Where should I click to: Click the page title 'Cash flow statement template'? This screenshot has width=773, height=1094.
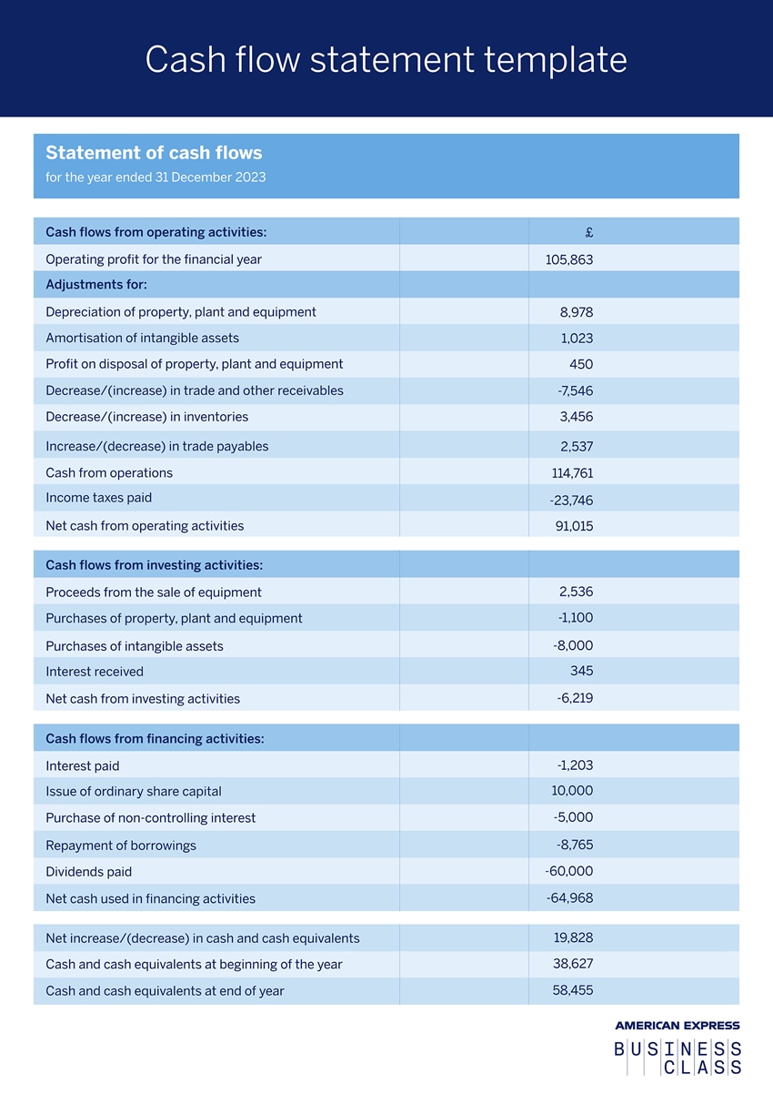pyautogui.click(x=386, y=60)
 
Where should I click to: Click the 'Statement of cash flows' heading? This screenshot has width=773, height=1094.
pyautogui.click(x=154, y=153)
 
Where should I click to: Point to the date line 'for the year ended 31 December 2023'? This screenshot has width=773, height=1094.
pyautogui.click(x=156, y=177)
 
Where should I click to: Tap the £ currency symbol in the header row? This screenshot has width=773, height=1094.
pyautogui.click(x=589, y=232)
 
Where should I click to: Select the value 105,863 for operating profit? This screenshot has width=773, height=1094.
pyautogui.click(x=569, y=259)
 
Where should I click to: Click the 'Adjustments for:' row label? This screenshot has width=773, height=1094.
pyautogui.click(x=96, y=285)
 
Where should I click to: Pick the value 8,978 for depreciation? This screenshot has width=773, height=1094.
pyautogui.click(x=577, y=312)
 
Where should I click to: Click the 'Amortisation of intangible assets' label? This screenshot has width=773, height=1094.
pyautogui.click(x=142, y=338)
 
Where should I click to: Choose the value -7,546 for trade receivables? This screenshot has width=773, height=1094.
pyautogui.click(x=575, y=390)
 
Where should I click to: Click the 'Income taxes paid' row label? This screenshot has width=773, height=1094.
pyautogui.click(x=98, y=498)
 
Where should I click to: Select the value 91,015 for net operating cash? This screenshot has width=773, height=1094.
pyautogui.click(x=574, y=526)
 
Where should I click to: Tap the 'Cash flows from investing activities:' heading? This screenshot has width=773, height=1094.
pyautogui.click(x=154, y=565)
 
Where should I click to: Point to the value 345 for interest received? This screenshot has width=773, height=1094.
pyautogui.click(x=581, y=671)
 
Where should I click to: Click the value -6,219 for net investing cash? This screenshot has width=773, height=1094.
pyautogui.click(x=575, y=698)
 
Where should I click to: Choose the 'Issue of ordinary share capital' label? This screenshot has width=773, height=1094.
pyautogui.click(x=133, y=792)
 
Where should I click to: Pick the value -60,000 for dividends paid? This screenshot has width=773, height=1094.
pyautogui.click(x=569, y=871)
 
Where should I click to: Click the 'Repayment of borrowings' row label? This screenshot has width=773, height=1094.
pyautogui.click(x=121, y=846)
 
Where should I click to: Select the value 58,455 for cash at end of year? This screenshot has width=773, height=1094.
pyautogui.click(x=573, y=989)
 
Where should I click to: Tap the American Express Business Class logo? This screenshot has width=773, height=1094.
pyautogui.click(x=677, y=1049)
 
